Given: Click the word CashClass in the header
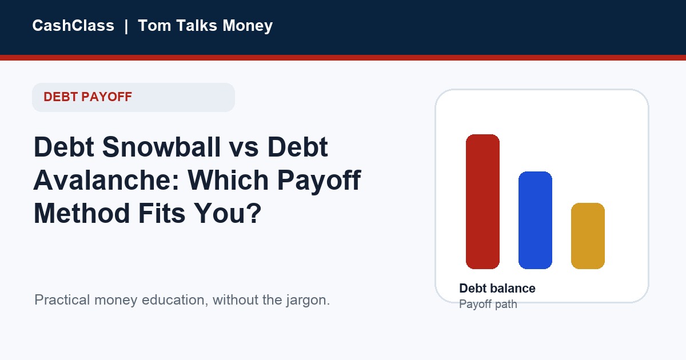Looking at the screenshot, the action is tap(73, 25).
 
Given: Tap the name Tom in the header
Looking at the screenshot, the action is tap(154, 25).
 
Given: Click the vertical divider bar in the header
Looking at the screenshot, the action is tap(126, 26).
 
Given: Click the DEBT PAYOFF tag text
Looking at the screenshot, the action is tap(87, 97).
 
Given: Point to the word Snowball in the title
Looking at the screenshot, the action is tap(161, 147).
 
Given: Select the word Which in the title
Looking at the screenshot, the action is tap(228, 180).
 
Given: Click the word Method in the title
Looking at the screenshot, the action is tap(82, 213).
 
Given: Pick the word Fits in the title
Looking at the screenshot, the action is tap(162, 213).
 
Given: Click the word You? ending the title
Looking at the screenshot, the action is tap(228, 213).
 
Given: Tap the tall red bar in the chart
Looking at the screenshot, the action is tap(482, 202).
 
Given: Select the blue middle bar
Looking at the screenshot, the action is tap(535, 221).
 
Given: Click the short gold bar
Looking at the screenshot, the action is tap(588, 236).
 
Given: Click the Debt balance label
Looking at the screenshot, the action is tap(497, 289).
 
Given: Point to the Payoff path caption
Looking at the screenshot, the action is tap(488, 305).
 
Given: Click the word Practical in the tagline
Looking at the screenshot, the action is tap(62, 300).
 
